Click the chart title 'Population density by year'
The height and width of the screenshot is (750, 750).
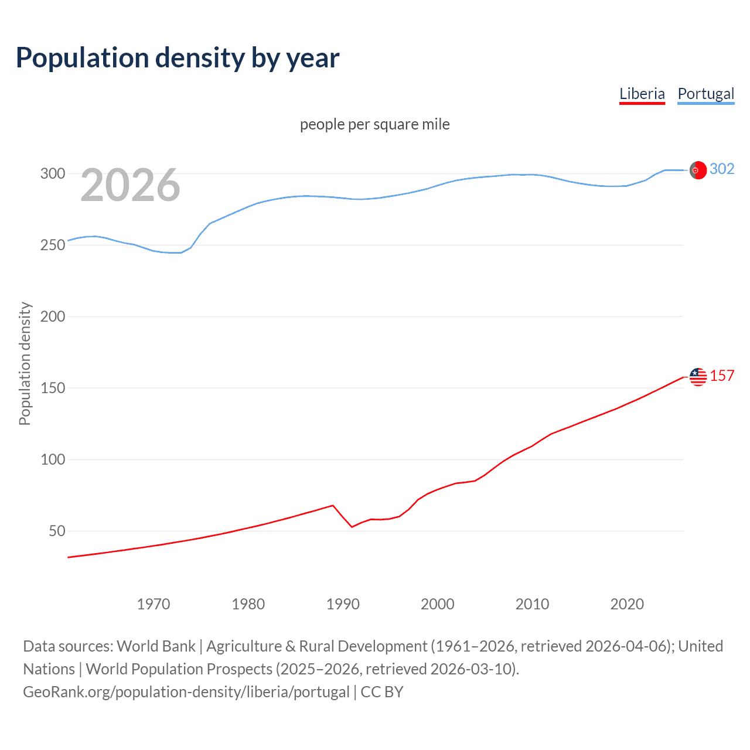point(178,58)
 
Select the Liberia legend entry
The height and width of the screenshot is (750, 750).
point(642,94)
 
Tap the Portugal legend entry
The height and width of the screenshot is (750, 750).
point(705,94)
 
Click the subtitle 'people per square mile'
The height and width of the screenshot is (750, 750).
point(374,124)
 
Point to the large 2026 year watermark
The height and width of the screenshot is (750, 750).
point(130,185)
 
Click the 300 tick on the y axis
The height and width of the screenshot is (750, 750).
point(52,173)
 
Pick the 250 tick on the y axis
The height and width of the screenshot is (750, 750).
point(52,245)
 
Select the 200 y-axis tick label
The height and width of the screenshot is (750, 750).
point(52,316)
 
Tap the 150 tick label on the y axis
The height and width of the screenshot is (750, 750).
point(52,388)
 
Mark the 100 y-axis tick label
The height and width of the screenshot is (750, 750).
point(52,459)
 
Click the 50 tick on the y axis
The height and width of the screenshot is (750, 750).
point(57,531)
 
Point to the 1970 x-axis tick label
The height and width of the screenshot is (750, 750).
point(154,604)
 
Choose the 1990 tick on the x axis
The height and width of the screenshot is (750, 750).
point(343,604)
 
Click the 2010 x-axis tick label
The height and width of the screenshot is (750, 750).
point(532,604)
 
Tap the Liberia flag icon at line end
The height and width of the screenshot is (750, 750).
point(698,377)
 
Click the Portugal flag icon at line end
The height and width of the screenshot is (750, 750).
point(698,170)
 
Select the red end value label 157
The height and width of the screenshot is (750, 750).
point(722,376)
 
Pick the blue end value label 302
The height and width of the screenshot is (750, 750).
point(722,169)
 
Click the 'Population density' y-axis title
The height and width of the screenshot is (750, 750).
point(25,363)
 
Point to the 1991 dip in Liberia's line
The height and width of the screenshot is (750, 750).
point(352,527)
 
